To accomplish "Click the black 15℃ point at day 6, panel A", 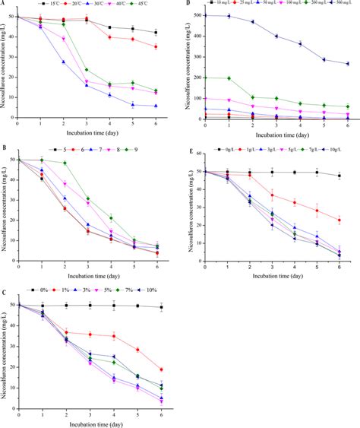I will [x=156, y=33].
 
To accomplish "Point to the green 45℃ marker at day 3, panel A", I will [x=87, y=70].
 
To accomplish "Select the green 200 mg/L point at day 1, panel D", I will [x=229, y=78].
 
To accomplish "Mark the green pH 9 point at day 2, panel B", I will [x=64, y=163].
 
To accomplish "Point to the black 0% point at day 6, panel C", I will [x=161, y=307].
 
